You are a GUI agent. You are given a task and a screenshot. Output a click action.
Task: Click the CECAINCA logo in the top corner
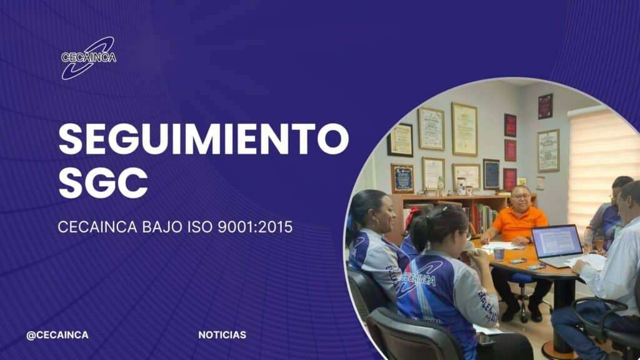tap(89, 57)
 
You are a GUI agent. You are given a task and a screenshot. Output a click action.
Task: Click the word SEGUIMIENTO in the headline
tap(204, 139)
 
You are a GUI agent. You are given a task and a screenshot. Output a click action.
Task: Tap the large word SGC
tap(103, 183)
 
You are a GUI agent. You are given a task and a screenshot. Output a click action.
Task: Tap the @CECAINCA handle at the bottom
tap(57, 335)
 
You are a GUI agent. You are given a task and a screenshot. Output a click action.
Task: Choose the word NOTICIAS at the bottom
tap(222, 335)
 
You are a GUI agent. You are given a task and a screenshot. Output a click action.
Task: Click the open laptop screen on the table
tap(557, 241)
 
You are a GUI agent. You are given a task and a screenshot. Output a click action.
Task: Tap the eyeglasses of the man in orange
tap(522, 197)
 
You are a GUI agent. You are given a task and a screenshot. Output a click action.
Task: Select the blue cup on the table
tap(499, 254)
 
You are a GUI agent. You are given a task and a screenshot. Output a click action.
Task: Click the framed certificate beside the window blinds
tap(548, 150)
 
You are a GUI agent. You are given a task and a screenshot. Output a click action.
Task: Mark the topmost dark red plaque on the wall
tap(545, 106)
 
